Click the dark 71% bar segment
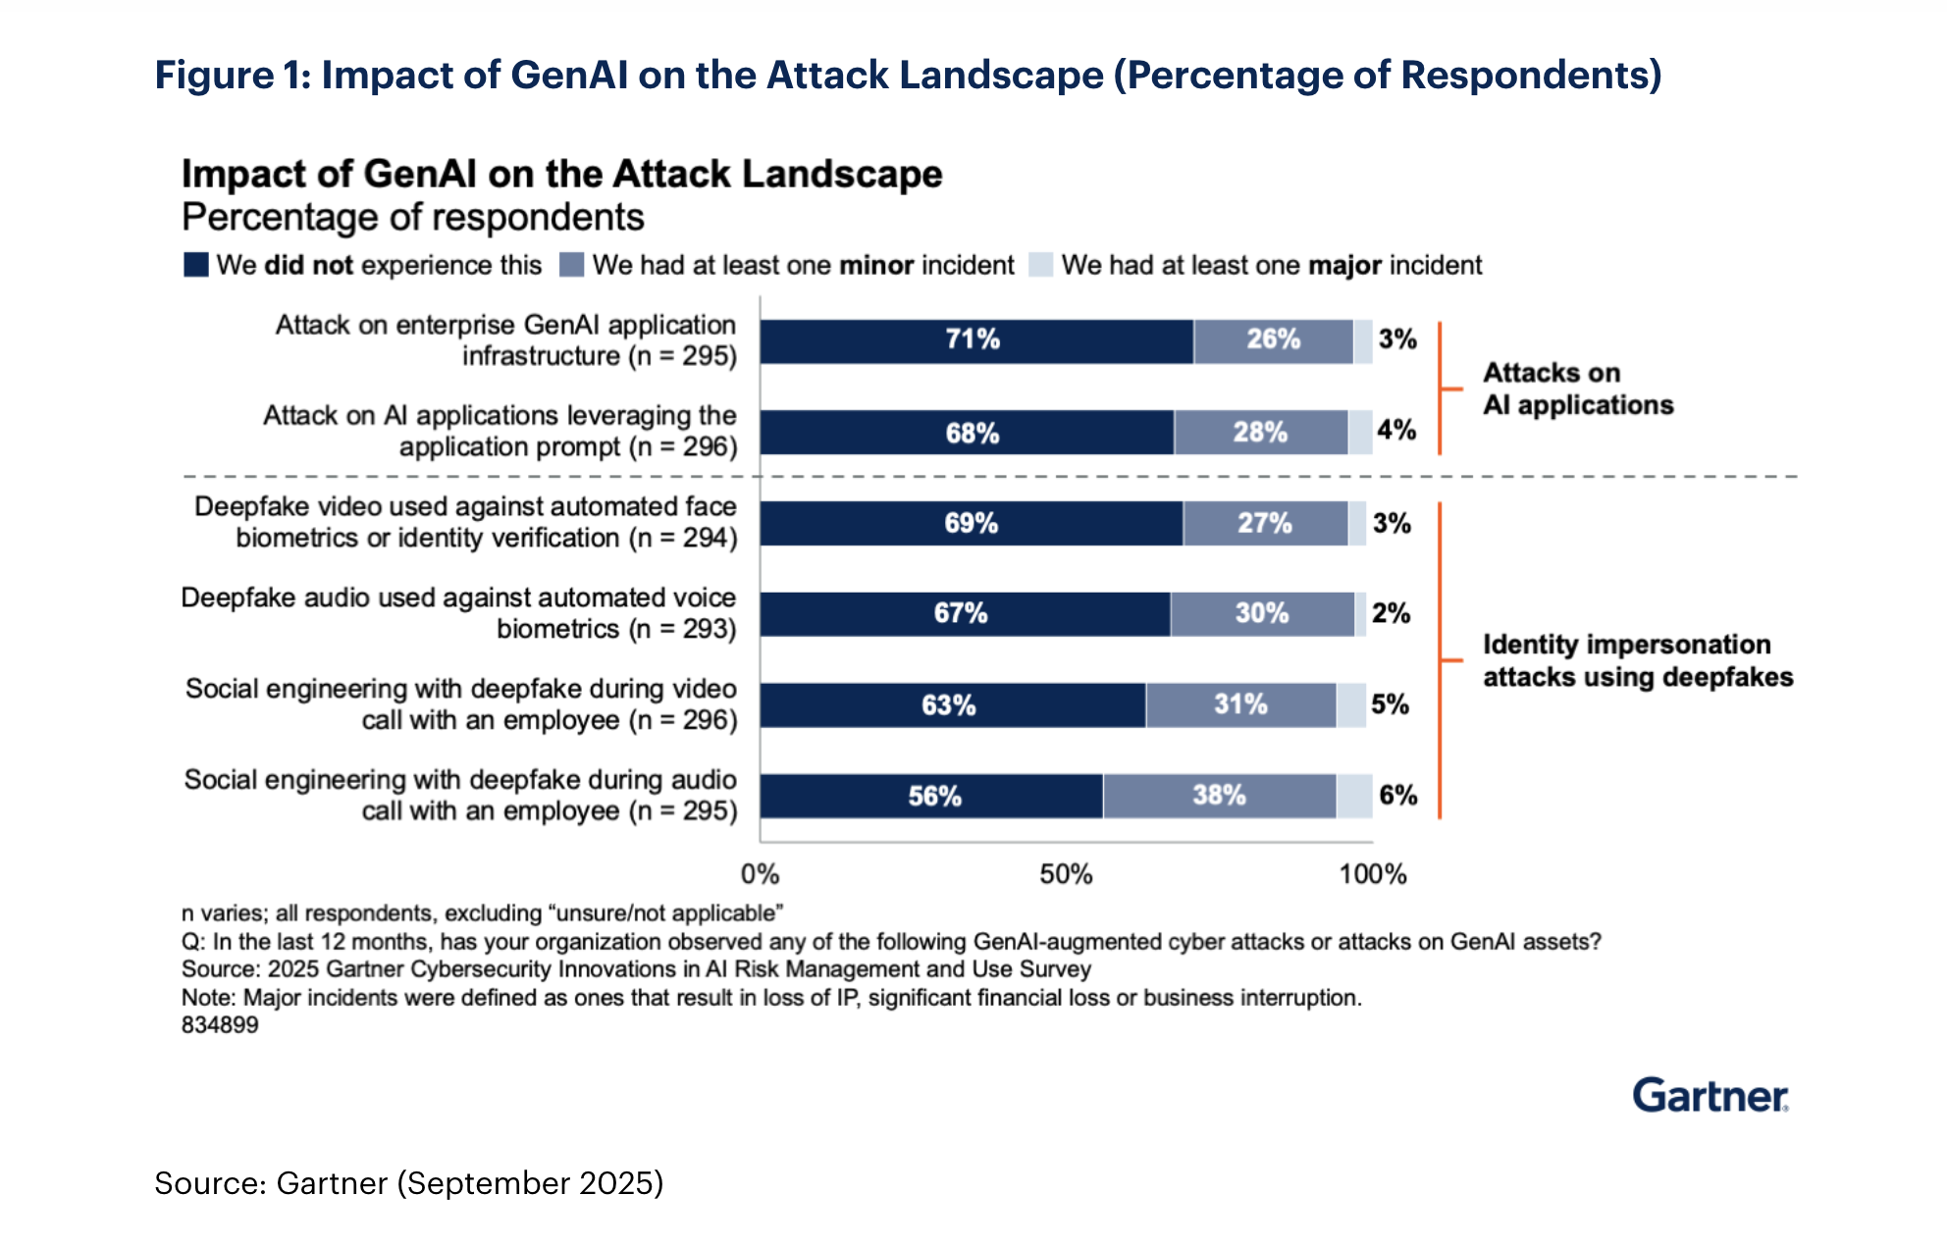(976, 341)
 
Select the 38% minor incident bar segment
(1219, 796)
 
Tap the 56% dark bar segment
(931, 796)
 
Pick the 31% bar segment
(1240, 705)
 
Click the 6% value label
(1397, 796)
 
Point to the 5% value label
(1390, 704)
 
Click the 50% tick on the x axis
(1066, 874)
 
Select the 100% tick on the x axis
(1372, 874)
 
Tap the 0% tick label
(760, 874)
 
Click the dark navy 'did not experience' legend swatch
(196, 265)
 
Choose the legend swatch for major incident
(1040, 265)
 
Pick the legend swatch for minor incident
(571, 265)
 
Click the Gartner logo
(1710, 1096)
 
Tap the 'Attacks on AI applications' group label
(1577, 389)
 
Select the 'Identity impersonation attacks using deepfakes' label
(1637, 660)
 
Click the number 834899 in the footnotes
(220, 1025)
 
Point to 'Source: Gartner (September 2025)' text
(408, 1183)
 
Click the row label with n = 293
(458, 613)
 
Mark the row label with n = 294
(465, 522)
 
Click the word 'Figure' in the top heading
(214, 76)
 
